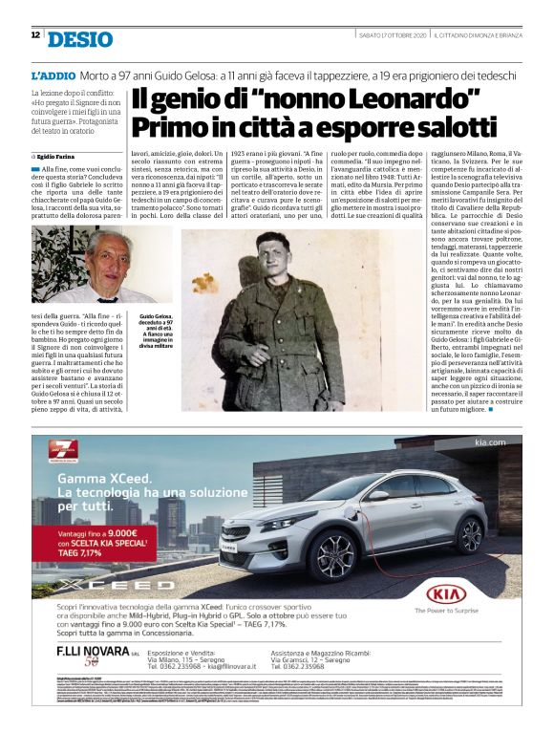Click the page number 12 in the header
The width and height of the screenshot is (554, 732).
click(34, 35)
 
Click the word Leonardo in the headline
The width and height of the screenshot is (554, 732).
click(418, 99)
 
